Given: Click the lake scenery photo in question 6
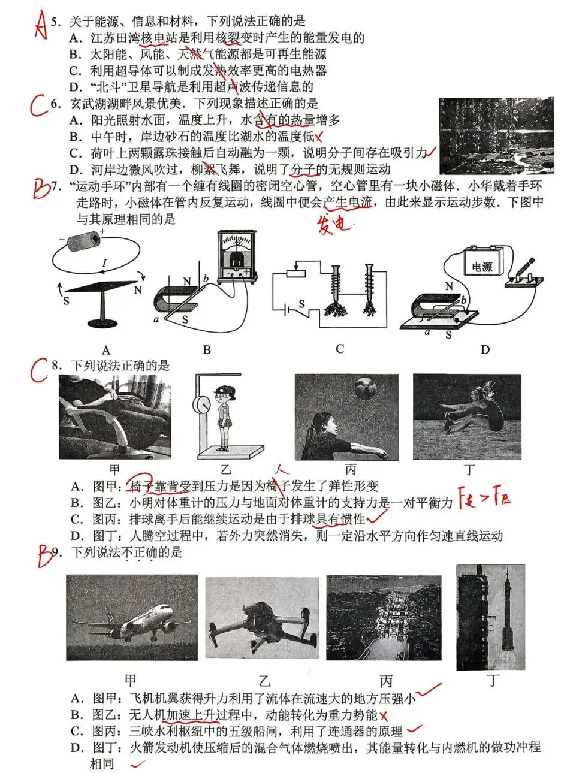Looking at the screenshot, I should [496, 136].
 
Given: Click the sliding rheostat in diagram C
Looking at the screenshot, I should [295, 274].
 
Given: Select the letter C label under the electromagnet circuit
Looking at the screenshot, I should [340, 349].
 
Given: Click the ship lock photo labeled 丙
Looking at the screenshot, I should [384, 617].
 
